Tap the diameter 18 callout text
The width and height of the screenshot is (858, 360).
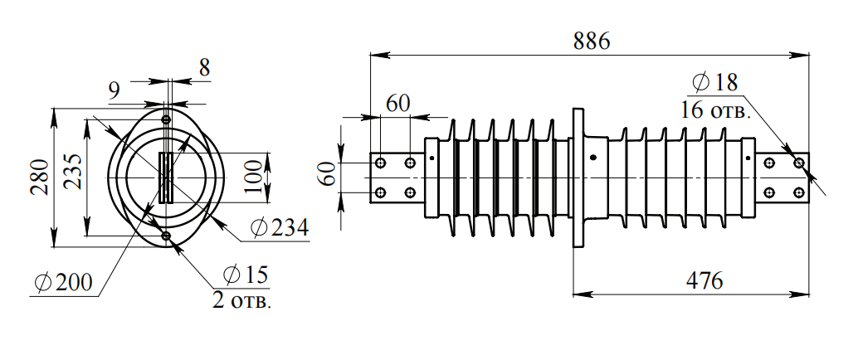coord(714,82)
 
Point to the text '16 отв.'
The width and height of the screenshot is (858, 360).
coord(716,109)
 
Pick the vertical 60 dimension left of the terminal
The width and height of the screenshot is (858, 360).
coord(330,176)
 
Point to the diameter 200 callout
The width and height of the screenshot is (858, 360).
coord(64,283)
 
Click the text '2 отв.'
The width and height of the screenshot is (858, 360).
coord(241,299)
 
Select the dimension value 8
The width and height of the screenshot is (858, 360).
coord(203,68)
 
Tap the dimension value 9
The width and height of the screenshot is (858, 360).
coord(115,90)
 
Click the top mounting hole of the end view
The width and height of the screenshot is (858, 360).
coord(166,119)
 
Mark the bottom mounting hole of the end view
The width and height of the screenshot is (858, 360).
coord(166,236)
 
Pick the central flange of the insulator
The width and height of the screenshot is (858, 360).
coord(579,177)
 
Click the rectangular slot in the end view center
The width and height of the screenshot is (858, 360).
coord(166,178)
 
